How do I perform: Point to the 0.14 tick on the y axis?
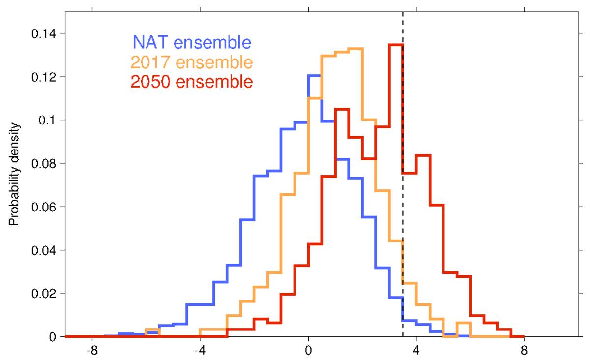tap(43, 34)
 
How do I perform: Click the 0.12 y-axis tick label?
tap(43, 77)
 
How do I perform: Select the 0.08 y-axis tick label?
tap(43, 164)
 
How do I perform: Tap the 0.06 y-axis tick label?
tap(43, 207)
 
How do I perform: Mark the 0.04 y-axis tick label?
tap(43, 250)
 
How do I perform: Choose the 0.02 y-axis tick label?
tap(43, 294)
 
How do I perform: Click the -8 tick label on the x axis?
tap(92, 352)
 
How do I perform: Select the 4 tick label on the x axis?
tap(416, 352)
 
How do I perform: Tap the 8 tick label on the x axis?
tap(524, 352)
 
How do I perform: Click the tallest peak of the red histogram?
tap(396, 45)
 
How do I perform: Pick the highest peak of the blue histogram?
tap(314, 75)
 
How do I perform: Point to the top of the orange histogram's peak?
tap(355, 48)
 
